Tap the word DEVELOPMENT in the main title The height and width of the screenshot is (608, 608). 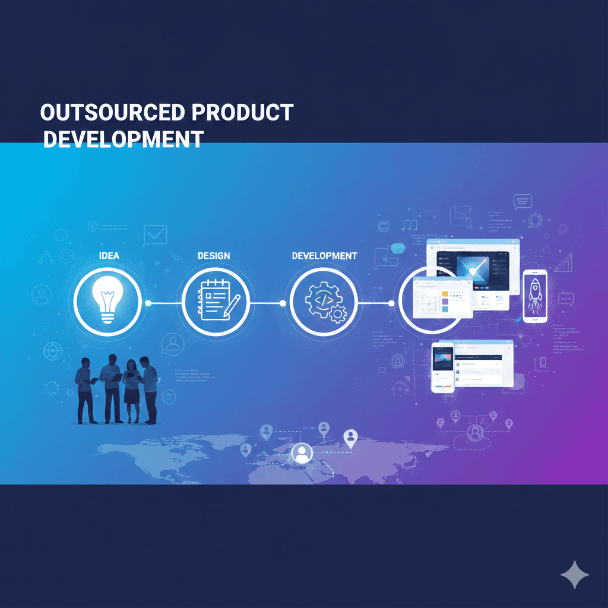coord(123,139)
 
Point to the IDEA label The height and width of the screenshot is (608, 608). coord(109,256)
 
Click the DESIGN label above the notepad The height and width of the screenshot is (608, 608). coord(214,256)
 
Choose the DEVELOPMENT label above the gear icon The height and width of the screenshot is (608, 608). coord(324,256)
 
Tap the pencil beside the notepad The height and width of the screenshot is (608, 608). coord(231,306)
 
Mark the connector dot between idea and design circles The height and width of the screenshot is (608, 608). coord(148,303)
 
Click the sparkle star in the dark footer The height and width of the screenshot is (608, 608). coord(574,575)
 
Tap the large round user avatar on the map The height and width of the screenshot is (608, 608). coord(302,454)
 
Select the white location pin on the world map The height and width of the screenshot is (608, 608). coord(351,438)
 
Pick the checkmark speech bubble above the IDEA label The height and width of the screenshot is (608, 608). coord(155,235)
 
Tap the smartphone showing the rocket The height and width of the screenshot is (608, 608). coord(534,296)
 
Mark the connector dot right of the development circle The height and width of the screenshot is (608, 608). coord(391,303)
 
